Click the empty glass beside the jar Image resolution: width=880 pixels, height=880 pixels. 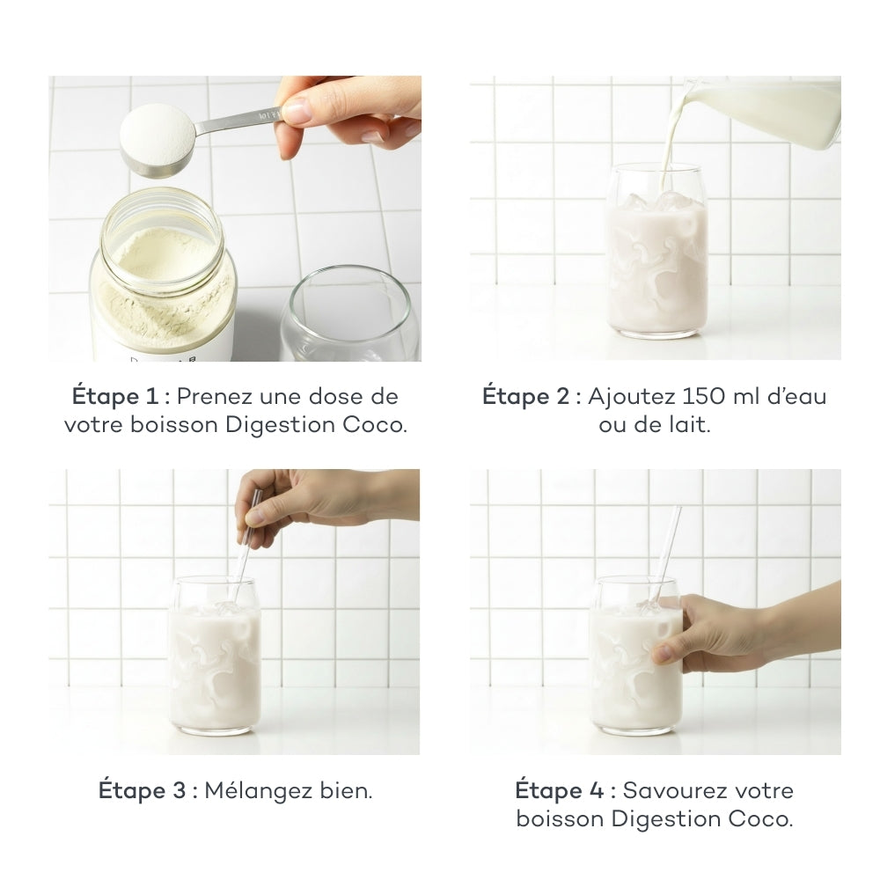(350, 317)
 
